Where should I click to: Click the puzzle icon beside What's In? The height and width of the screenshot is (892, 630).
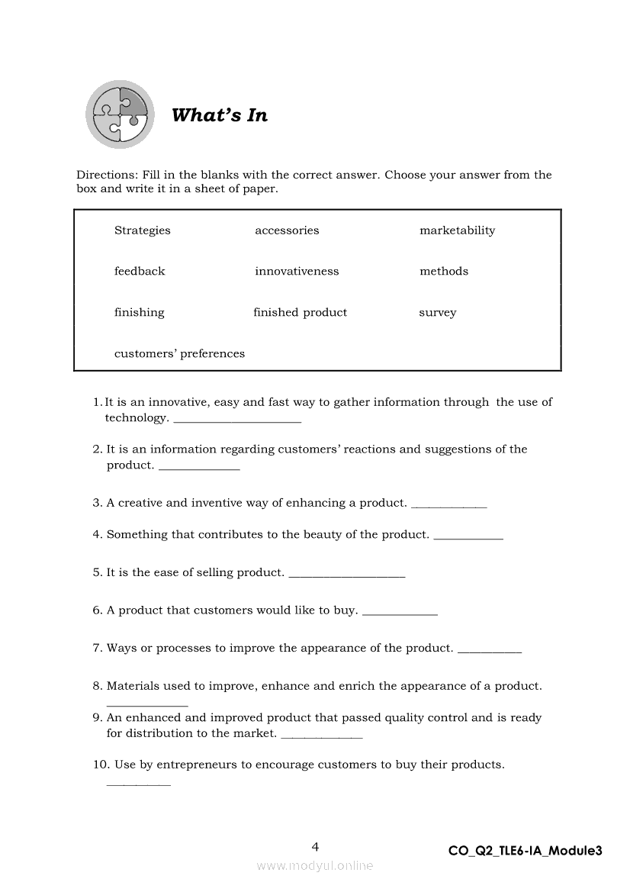120,114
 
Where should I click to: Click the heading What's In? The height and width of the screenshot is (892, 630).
220,115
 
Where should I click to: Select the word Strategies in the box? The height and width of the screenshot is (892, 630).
143,230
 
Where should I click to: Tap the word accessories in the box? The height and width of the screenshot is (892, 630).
287,230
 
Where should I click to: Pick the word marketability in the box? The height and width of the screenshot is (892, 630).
457,230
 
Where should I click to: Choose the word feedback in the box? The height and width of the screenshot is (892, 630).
140,271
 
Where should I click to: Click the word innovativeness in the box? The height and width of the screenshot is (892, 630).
297,271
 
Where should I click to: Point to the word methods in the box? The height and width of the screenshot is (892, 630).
444,271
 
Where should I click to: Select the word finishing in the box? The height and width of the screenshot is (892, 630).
140,312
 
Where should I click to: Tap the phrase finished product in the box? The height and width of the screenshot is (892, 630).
300,312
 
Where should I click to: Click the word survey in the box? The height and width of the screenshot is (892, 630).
438,313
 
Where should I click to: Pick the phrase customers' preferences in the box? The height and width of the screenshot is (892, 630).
179,353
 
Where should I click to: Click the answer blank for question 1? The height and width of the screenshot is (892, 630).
237,419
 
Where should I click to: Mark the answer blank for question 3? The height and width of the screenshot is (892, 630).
448,504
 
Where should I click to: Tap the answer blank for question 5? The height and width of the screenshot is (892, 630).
347,574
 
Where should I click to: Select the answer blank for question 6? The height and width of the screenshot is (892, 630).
400,612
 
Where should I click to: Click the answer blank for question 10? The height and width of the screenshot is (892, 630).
138,782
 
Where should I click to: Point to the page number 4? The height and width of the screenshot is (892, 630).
315,846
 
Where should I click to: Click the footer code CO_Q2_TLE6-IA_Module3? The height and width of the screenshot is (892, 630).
525,851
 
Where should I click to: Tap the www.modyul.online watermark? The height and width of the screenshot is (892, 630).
315,865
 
